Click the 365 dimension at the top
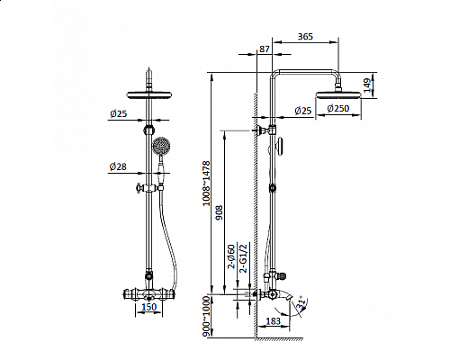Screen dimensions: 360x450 click(x=306, y=37)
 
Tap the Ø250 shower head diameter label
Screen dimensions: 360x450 click(x=338, y=110)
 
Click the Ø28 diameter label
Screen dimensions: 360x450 click(x=117, y=167)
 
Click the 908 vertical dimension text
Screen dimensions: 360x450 click(x=219, y=212)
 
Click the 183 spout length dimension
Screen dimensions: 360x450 click(x=273, y=321)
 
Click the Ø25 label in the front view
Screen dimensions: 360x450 click(x=117, y=113)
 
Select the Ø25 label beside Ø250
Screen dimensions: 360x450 click(x=301, y=110)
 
